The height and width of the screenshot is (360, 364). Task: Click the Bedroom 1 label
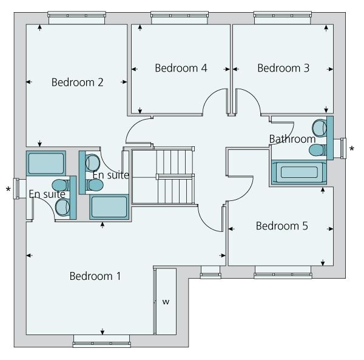tap(95, 276)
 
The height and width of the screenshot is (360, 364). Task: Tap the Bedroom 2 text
tap(77, 82)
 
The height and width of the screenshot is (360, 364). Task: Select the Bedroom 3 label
tap(283, 68)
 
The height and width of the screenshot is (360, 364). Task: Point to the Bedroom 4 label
tap(181, 68)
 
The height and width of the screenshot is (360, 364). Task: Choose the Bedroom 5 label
tap(281, 226)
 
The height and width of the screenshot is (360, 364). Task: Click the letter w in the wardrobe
tap(164, 301)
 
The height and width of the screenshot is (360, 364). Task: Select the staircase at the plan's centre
tap(164, 176)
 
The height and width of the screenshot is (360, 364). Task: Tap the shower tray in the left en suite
tap(45, 163)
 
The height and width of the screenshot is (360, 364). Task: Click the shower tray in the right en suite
tap(109, 207)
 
